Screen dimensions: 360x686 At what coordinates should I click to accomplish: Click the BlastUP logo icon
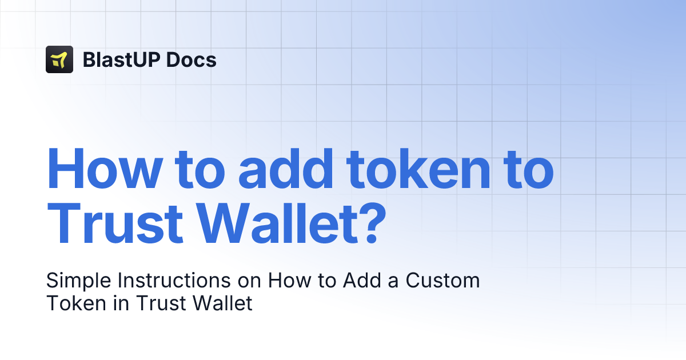point(59,59)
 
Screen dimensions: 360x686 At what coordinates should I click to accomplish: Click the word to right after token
point(523,170)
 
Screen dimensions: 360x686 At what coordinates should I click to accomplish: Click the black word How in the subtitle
point(288,281)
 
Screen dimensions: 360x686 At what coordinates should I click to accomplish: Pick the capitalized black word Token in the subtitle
point(71,303)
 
